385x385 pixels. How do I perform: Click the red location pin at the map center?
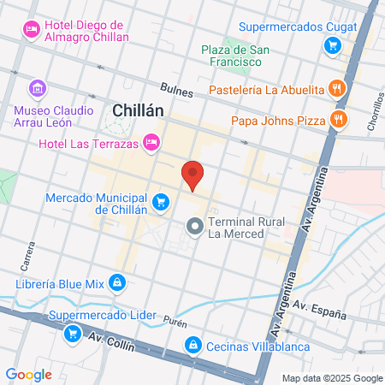click(x=193, y=174)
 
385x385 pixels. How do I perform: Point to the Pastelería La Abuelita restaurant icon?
click(x=339, y=88)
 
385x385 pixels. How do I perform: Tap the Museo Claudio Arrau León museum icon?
click(x=36, y=88)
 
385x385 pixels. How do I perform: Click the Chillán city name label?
click(x=139, y=110)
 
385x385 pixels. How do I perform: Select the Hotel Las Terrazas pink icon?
click(x=151, y=141)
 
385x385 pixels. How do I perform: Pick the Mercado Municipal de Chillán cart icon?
click(x=160, y=202)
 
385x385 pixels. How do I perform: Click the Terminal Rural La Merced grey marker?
click(x=194, y=227)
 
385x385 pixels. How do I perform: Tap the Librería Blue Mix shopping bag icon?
click(x=118, y=282)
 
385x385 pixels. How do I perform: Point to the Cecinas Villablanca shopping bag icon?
click(x=194, y=345)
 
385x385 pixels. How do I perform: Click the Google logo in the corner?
click(x=28, y=374)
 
